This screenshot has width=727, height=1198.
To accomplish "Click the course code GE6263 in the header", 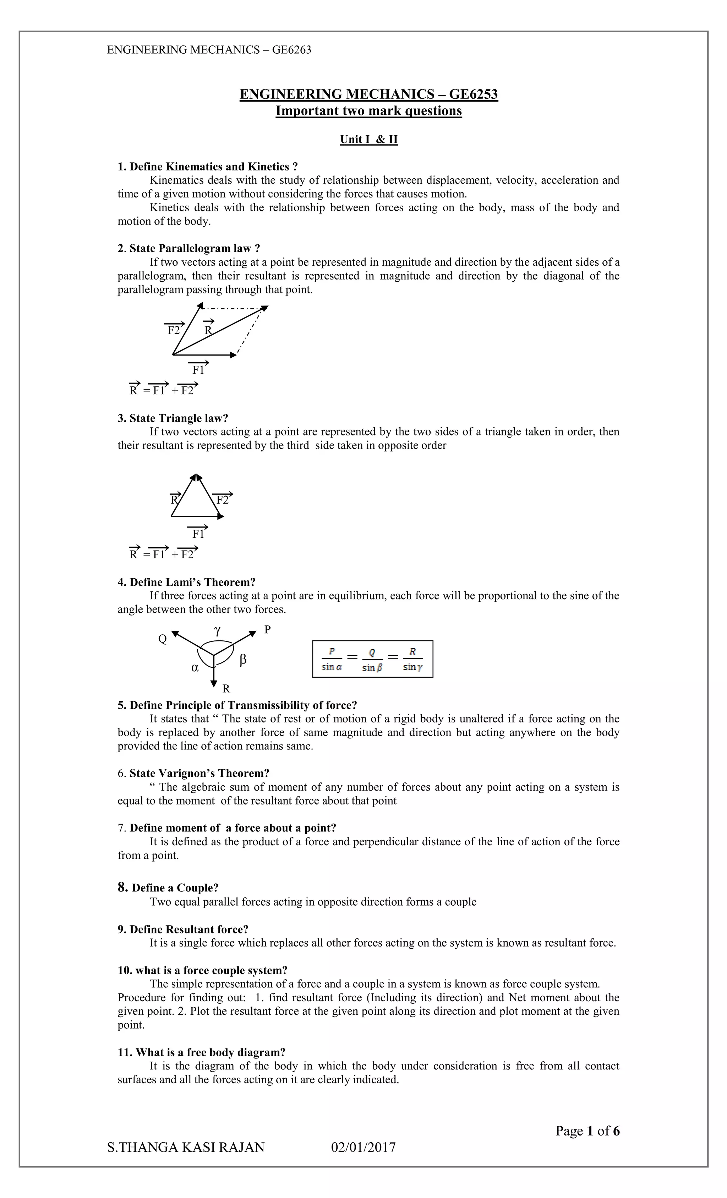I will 291,50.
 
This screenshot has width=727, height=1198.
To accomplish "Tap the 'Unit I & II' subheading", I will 368,140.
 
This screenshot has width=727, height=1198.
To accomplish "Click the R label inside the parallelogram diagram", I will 208,331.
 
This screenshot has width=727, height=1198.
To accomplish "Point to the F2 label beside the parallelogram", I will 174,331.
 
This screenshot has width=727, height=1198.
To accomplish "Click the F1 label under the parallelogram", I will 198,370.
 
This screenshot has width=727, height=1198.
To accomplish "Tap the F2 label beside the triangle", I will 223,500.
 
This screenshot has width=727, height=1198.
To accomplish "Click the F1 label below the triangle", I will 198,534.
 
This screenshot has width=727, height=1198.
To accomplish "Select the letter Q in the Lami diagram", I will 162,639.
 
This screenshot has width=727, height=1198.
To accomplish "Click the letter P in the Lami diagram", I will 267,630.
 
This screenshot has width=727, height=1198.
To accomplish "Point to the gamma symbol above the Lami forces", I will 217,630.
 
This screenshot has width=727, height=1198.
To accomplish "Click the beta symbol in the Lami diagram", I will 243,660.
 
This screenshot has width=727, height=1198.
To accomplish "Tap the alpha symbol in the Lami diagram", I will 195,668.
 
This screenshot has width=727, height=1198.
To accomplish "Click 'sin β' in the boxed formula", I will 372,668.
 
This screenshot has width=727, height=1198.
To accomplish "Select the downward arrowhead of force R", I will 213,684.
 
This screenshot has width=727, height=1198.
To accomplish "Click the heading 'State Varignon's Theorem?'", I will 199,774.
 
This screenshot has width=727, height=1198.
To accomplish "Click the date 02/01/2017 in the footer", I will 363,1148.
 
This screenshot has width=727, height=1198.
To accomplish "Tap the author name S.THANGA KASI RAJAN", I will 186,1148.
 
